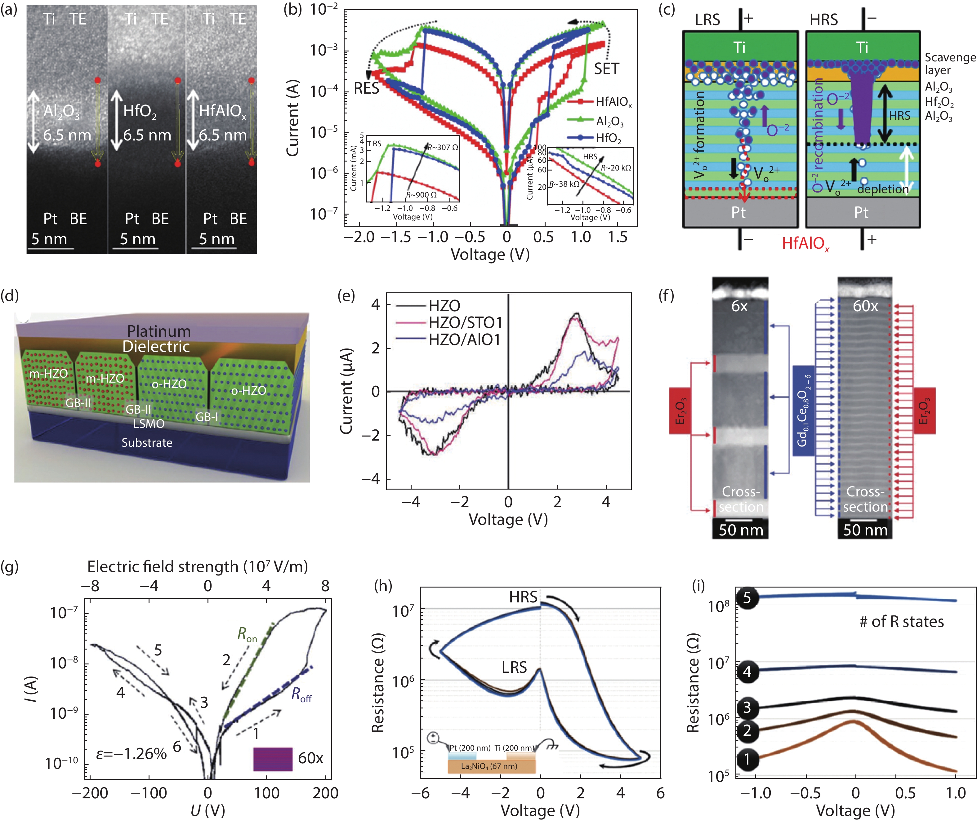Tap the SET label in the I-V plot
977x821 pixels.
click(x=606, y=69)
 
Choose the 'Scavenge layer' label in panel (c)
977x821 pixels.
click(x=949, y=64)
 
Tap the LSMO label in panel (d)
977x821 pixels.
click(x=149, y=424)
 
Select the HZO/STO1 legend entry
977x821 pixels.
click(x=465, y=322)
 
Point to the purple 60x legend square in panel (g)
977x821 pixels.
click(x=273, y=759)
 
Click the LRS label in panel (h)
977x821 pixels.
click(x=514, y=668)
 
